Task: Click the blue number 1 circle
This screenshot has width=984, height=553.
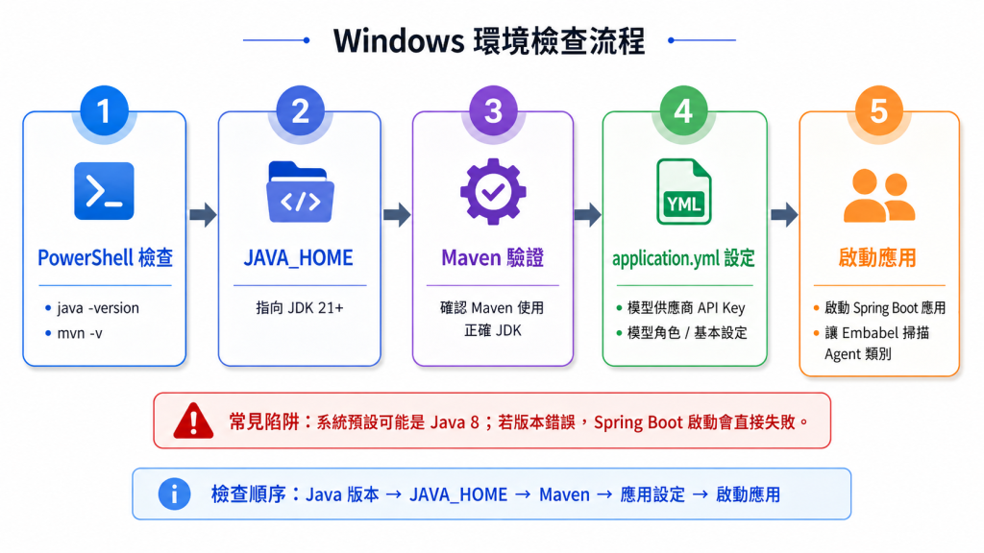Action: coord(104,111)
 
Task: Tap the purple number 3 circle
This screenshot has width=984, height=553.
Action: coord(493,111)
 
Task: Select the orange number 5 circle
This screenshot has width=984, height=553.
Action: coord(878,111)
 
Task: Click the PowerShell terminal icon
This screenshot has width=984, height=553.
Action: coord(104,191)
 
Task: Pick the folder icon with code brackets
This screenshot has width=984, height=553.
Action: coord(300,192)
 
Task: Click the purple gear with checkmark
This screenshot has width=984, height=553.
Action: coord(493,192)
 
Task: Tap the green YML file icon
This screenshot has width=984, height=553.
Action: coord(683,192)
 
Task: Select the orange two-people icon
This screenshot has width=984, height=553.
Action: coord(878,196)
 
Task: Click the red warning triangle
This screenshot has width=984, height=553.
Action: coord(193,421)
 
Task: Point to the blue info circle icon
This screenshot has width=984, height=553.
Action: coord(174,494)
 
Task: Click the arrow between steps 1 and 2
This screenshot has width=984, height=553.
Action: coord(203,215)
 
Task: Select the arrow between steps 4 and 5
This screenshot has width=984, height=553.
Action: coord(784,215)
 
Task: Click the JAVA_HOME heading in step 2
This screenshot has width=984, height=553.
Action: coord(299,257)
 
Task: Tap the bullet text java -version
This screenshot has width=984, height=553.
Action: coord(98,308)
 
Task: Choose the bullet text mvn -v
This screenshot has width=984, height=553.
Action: coord(80,333)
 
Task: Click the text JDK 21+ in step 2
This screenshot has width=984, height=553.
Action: coord(315,308)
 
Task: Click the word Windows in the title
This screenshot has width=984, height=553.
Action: coord(399,40)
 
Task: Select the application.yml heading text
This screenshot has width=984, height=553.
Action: coord(667,258)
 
